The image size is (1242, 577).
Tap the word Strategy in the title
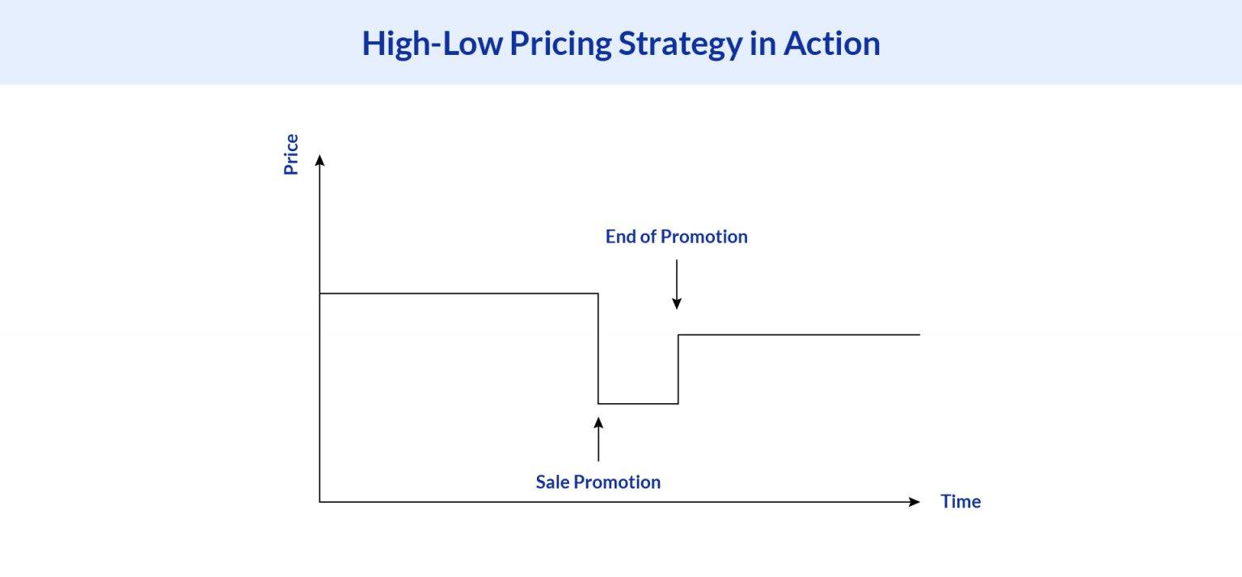click(x=678, y=43)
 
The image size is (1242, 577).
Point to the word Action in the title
click(x=831, y=43)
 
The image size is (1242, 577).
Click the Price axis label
click(x=291, y=154)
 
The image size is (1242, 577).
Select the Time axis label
click(x=961, y=502)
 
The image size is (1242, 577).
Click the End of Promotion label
click(x=676, y=237)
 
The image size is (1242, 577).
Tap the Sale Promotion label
click(x=598, y=482)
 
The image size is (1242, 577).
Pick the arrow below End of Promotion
click(x=677, y=284)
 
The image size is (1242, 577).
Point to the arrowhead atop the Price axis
click(x=319, y=159)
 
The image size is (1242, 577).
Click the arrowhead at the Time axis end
click(x=915, y=502)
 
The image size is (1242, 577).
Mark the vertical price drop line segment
click(x=598, y=348)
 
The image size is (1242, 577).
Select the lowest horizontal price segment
click(x=638, y=403)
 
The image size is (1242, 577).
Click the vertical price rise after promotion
click(x=678, y=369)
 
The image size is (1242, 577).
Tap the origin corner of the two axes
click(x=319, y=502)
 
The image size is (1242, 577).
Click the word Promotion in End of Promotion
click(x=703, y=237)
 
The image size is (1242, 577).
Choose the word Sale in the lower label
click(x=553, y=482)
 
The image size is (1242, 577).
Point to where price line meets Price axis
click(x=320, y=293)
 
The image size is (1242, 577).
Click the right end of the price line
click(x=919, y=335)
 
